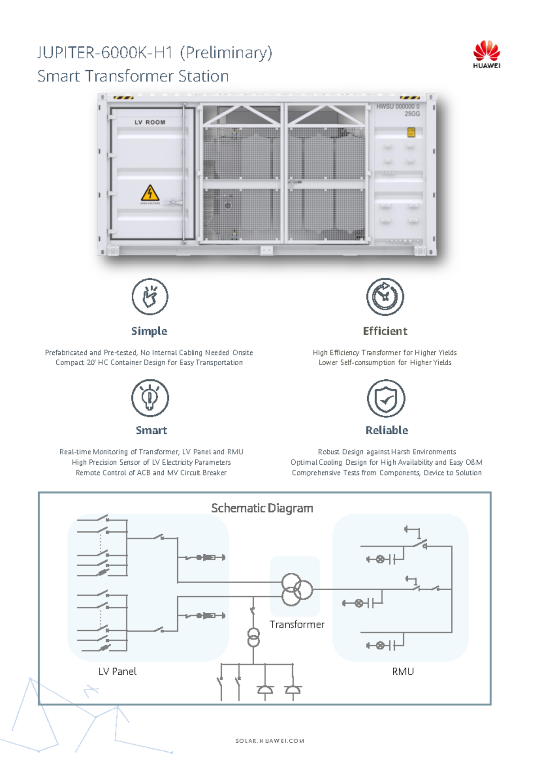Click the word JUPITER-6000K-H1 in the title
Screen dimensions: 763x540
pyautogui.click(x=105, y=53)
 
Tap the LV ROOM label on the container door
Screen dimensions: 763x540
pyautogui.click(x=150, y=122)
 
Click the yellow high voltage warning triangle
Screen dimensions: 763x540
pyautogui.click(x=150, y=193)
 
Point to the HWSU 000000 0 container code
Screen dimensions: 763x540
pyautogui.click(x=398, y=107)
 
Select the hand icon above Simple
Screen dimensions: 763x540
pyautogui.click(x=150, y=296)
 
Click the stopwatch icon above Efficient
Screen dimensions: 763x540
pyautogui.click(x=385, y=296)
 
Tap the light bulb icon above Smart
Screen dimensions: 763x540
pyautogui.click(x=150, y=398)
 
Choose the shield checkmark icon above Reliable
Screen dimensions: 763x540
pyautogui.click(x=386, y=398)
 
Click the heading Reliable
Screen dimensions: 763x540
pyautogui.click(x=387, y=430)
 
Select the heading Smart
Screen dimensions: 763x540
pyautogui.click(x=151, y=430)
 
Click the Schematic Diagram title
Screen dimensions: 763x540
pyautogui.click(x=262, y=508)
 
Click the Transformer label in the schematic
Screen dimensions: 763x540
pyautogui.click(x=297, y=624)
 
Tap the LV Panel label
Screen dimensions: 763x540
pyautogui.click(x=117, y=671)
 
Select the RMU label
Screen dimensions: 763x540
pyautogui.click(x=403, y=671)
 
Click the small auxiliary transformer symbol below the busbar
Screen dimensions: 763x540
pyautogui.click(x=254, y=637)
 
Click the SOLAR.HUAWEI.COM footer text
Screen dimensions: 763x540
pyautogui.click(x=270, y=741)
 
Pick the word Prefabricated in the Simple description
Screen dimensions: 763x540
pyautogui.click(x=66, y=352)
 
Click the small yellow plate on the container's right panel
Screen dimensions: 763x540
pyautogui.click(x=411, y=132)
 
